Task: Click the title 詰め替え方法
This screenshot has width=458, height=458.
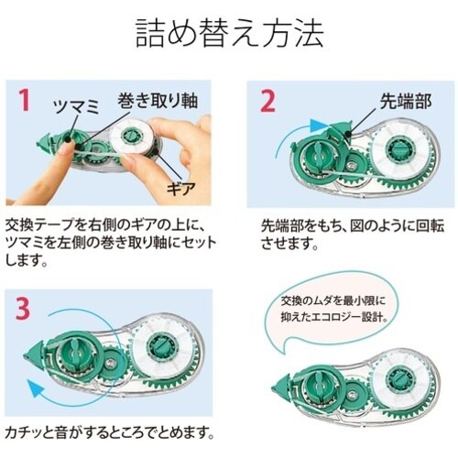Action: click(229, 36)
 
